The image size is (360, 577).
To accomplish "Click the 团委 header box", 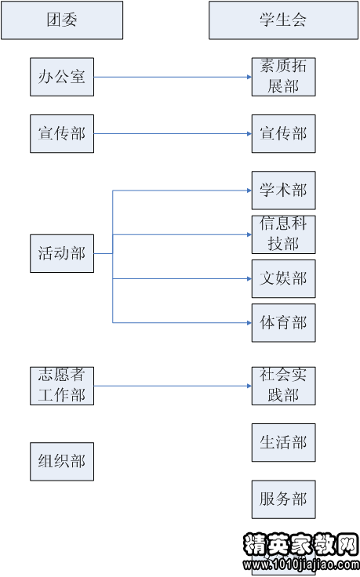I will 62,20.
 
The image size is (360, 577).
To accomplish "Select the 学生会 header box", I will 283,20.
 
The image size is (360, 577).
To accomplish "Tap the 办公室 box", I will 62,77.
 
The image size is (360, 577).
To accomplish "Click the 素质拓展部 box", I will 283,77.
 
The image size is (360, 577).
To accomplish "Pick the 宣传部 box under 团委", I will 62,133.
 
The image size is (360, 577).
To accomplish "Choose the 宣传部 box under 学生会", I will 283,133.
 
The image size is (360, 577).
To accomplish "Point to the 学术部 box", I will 283,191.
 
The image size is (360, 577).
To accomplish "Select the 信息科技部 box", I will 283,234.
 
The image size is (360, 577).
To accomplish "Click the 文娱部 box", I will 283,278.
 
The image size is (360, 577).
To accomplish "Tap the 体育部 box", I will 283,322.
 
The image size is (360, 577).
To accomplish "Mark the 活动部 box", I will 62,253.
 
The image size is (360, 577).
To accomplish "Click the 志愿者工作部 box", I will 62,386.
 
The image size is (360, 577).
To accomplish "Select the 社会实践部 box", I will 283,386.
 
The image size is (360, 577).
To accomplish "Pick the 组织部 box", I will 62,461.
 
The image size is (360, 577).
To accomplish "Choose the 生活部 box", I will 283,442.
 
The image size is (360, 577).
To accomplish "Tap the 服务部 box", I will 283,499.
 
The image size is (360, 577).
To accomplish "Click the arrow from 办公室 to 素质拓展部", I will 173,77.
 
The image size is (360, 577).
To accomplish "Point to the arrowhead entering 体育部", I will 247,322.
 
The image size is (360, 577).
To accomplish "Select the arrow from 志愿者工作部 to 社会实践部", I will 173,386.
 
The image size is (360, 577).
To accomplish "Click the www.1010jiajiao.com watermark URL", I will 301,563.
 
